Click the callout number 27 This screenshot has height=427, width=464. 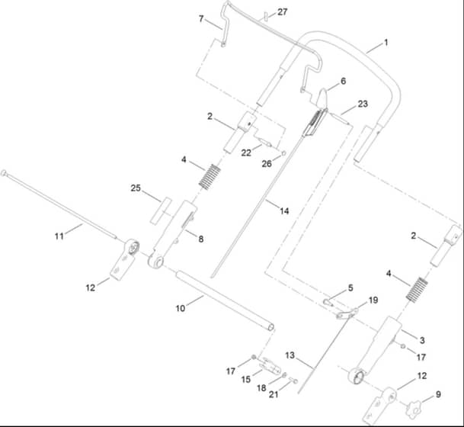click(283, 12)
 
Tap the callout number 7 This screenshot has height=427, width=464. click(201, 19)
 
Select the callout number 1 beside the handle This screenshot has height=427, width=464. click(386, 43)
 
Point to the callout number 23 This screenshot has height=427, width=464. click(363, 104)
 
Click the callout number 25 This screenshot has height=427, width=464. click(136, 188)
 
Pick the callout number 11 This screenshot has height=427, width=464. click(59, 236)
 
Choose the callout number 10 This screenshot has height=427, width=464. click(181, 308)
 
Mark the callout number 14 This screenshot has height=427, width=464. click(284, 211)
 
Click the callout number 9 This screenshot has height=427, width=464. click(438, 394)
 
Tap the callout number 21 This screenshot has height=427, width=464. click(274, 394)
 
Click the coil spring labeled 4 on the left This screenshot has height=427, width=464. click(210, 176)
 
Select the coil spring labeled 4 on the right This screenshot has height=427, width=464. click(417, 289)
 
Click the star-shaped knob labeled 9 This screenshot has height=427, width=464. click(414, 409)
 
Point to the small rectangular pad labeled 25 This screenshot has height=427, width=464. click(161, 211)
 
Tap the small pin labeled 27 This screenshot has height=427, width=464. click(267, 17)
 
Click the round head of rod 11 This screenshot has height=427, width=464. click(4, 173)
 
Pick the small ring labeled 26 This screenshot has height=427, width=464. click(283, 153)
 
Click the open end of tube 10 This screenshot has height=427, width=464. click(270, 327)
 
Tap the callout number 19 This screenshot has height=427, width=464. click(373, 300)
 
